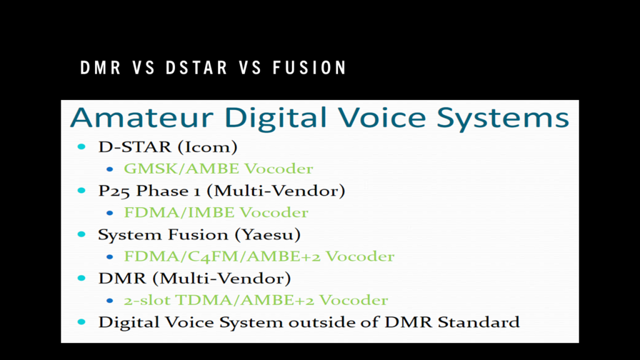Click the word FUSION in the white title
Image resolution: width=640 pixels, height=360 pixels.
[310, 67]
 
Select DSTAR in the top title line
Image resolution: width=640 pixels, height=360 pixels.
[196, 67]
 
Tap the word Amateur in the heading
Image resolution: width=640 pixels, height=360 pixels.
[142, 117]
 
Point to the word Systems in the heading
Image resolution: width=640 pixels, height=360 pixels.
[503, 118]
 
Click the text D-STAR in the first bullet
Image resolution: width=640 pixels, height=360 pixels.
[134, 147]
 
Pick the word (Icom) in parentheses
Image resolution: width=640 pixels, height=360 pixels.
[206, 147]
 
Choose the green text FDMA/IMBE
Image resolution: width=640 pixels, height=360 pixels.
[179, 212]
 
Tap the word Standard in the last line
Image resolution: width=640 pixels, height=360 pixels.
[479, 322]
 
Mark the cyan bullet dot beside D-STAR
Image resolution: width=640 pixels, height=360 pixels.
[82, 147]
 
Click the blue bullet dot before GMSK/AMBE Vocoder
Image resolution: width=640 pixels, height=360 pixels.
[110, 169]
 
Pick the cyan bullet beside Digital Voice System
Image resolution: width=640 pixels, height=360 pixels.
[82, 322]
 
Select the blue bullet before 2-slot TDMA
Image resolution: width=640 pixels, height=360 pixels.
[110, 301]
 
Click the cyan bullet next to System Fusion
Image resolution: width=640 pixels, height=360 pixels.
[82, 234]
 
